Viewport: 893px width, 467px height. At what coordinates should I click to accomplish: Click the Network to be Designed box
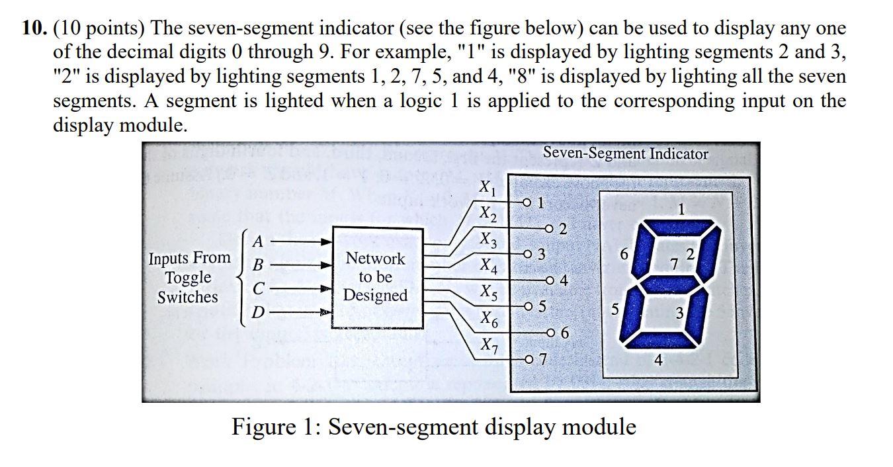[376, 277]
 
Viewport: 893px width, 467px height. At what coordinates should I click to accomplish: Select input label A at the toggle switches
[258, 241]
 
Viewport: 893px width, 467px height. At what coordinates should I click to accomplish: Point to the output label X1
[486, 189]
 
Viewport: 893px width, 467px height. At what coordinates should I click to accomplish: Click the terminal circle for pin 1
[527, 202]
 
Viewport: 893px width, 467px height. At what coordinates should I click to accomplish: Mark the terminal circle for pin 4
[548, 280]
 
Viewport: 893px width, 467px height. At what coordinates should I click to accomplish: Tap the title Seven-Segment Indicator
[625, 153]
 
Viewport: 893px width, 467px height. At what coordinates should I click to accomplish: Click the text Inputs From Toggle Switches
[189, 277]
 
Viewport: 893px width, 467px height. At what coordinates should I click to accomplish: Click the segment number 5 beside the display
[615, 308]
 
